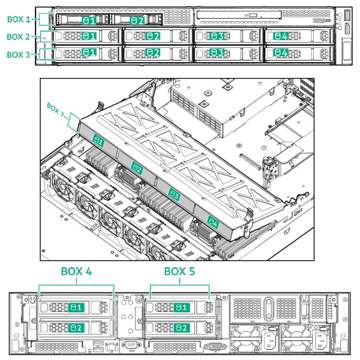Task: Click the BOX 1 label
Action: coord(19,19)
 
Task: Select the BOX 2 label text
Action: coord(19,37)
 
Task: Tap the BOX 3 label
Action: coord(19,54)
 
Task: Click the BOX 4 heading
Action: coord(76,272)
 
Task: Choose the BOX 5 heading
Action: coord(180,272)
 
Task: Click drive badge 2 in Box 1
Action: coord(138,21)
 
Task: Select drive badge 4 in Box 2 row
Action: coord(281,36)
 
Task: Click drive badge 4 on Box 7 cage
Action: coord(213,221)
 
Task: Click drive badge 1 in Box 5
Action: coord(181,307)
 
